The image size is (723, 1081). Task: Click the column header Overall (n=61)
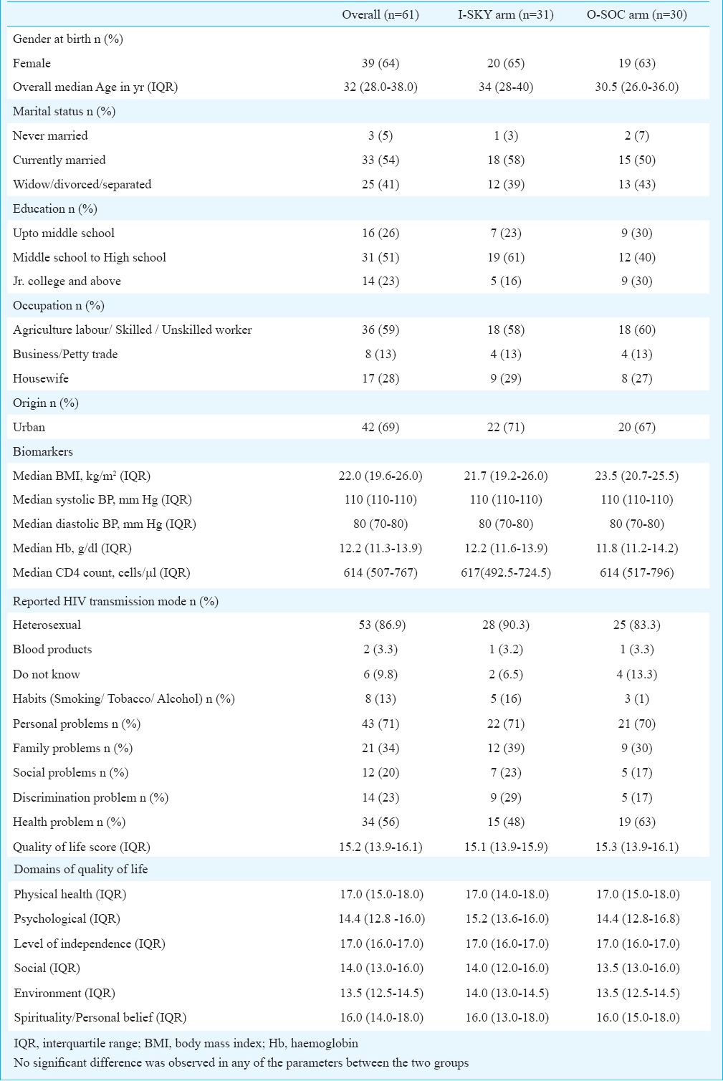pyautogui.click(x=380, y=14)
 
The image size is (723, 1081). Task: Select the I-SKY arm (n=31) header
pyautogui.click(x=505, y=14)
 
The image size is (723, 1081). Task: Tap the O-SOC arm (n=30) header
pyautogui.click(x=636, y=14)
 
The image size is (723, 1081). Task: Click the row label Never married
pyautogui.click(x=50, y=135)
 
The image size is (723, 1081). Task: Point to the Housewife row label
pyautogui.click(x=41, y=378)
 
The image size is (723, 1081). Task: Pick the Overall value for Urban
pyautogui.click(x=380, y=427)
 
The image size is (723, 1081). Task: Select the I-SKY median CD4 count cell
pyautogui.click(x=506, y=572)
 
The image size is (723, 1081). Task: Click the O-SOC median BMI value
pyautogui.click(x=636, y=476)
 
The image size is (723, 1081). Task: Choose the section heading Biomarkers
pyautogui.click(x=43, y=452)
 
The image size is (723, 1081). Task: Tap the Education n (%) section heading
pyautogui.click(x=55, y=209)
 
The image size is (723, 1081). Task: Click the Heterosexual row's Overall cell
pyautogui.click(x=380, y=625)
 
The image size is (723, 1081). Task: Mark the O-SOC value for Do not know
pyautogui.click(x=636, y=674)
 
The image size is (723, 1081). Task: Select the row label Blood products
pyautogui.click(x=52, y=650)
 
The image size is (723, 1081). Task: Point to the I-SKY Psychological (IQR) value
pyautogui.click(x=507, y=918)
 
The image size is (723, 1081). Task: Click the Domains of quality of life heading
pyautogui.click(x=80, y=869)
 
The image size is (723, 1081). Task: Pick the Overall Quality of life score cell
pyautogui.click(x=380, y=847)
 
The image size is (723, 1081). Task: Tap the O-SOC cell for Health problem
pyautogui.click(x=636, y=822)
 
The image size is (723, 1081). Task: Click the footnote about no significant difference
pyautogui.click(x=241, y=1062)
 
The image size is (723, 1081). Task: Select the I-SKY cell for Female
pyautogui.click(x=506, y=63)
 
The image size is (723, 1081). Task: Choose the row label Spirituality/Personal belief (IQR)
pyautogui.click(x=100, y=1017)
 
